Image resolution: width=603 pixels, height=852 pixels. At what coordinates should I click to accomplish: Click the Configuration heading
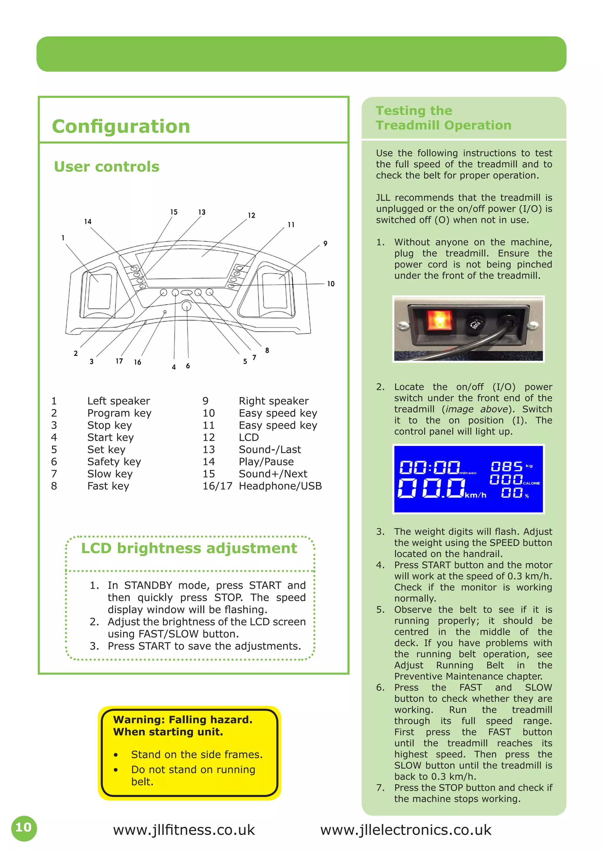[x=121, y=126]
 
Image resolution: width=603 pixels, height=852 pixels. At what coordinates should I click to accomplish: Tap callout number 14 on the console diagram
[x=88, y=222]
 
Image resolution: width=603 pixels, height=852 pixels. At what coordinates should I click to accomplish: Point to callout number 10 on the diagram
[x=330, y=284]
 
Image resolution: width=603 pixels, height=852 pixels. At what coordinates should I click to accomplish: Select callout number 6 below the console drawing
[x=188, y=366]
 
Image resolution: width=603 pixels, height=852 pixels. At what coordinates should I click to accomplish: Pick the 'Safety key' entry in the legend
[x=114, y=462]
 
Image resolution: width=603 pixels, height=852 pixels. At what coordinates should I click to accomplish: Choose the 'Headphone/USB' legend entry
[x=280, y=486]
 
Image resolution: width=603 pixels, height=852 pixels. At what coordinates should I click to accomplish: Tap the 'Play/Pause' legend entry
[x=266, y=462]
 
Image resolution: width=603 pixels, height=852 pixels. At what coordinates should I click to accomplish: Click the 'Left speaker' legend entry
[x=118, y=401]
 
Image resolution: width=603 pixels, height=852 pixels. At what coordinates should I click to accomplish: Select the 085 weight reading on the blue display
[x=506, y=466]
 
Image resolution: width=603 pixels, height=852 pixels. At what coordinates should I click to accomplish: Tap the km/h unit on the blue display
[x=476, y=495]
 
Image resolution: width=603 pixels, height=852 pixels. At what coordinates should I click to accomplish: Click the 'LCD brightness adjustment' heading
[x=189, y=548]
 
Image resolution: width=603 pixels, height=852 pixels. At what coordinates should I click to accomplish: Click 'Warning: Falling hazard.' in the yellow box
[x=183, y=720]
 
